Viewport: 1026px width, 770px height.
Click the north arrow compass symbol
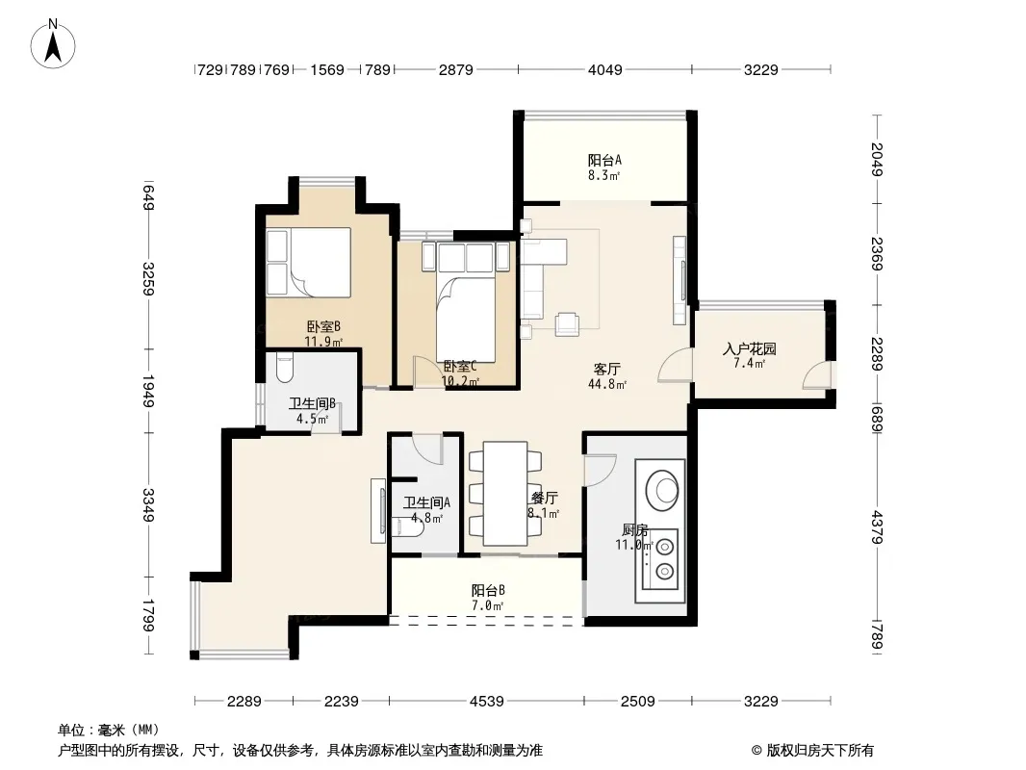pyautogui.click(x=53, y=43)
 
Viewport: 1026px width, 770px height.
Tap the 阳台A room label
pyautogui.click(x=603, y=160)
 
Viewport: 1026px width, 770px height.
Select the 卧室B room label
pyautogui.click(x=323, y=326)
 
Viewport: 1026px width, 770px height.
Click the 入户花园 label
pyautogui.click(x=749, y=348)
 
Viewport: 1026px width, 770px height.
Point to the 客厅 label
pyautogui.click(x=607, y=370)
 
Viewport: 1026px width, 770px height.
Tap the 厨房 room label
pyautogui.click(x=634, y=529)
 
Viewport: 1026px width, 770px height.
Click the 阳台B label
pyautogui.click(x=488, y=590)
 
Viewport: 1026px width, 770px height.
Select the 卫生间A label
pyautogui.click(x=426, y=502)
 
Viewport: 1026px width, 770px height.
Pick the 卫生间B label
pyautogui.click(x=312, y=403)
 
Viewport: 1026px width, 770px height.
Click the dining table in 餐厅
pyautogui.click(x=505, y=493)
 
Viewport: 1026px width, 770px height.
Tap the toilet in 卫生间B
pyautogui.click(x=285, y=369)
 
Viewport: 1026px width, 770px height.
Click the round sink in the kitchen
pyautogui.click(x=661, y=488)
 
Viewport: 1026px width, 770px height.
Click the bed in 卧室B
pyautogui.click(x=308, y=262)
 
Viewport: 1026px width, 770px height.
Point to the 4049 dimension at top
pyautogui.click(x=604, y=69)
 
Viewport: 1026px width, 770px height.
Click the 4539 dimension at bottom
pyautogui.click(x=487, y=702)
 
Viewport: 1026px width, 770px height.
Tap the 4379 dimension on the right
pyautogui.click(x=878, y=527)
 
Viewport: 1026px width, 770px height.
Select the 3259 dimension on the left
pyautogui.click(x=148, y=279)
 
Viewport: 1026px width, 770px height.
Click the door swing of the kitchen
pyautogui.click(x=600, y=470)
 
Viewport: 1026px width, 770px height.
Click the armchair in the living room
pyautogui.click(x=567, y=324)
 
